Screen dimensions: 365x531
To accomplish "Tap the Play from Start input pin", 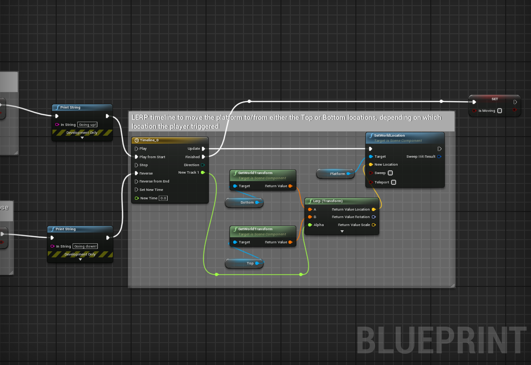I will tap(137, 157).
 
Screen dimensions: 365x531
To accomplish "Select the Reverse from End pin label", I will tap(154, 181).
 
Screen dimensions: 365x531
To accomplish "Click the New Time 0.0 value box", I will tap(163, 198).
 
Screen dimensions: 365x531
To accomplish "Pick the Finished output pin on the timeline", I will tap(203, 157).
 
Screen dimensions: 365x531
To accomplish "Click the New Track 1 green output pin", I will tap(203, 173).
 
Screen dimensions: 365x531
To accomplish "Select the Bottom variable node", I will tap(244, 202).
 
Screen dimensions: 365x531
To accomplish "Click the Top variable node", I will tap(244, 263).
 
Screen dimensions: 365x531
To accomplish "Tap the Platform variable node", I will tap(335, 174).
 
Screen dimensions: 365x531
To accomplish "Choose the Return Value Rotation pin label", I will tap(351, 217).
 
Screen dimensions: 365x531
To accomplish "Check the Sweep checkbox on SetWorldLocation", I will tap(390, 173).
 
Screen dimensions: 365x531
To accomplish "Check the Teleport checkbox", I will tap(393, 182).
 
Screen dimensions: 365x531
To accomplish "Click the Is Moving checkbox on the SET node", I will tap(500, 111).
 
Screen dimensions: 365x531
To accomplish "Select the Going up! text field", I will tap(88, 124).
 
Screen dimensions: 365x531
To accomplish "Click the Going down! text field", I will tap(85, 246).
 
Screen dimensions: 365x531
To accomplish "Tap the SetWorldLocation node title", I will tap(390, 135).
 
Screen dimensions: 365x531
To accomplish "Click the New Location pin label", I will tap(386, 164).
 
